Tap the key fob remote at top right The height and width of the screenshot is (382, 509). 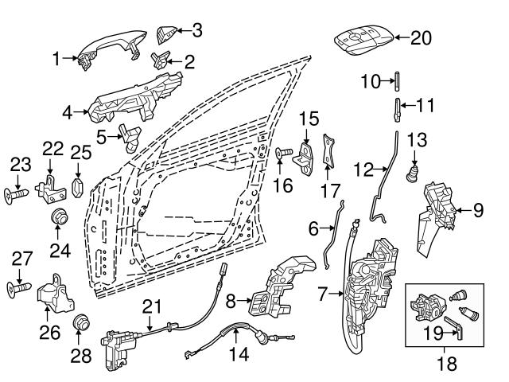coord(363,39)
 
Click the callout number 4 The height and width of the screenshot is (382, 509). coord(68,112)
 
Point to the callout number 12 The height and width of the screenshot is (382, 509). coord(363,169)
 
